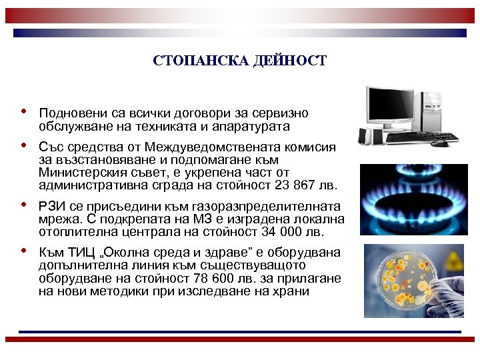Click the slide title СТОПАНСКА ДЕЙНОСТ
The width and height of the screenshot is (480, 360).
[240, 61]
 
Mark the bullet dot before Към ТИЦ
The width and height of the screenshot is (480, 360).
[24, 251]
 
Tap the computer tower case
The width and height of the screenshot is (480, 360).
[436, 110]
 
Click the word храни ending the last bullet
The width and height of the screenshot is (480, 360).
[292, 291]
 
